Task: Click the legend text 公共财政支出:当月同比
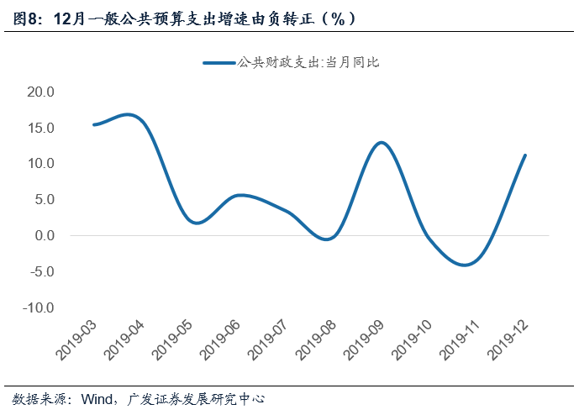(310, 62)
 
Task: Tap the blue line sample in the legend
(218, 62)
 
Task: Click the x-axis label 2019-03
(78, 341)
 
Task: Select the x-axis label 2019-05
(174, 341)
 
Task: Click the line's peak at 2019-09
(382, 142)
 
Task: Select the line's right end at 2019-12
(525, 155)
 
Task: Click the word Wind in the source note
(97, 398)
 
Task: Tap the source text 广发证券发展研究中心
(197, 398)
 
